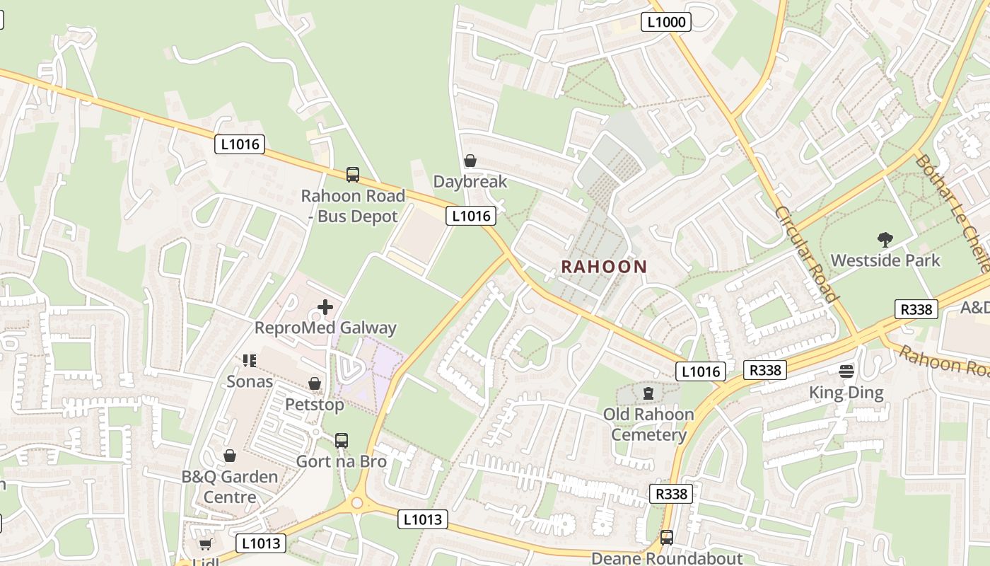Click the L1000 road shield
(666, 22)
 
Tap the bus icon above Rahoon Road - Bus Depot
(352, 174)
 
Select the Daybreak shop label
(470, 182)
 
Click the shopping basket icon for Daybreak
(470, 161)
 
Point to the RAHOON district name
(604, 267)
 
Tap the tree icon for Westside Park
(885, 240)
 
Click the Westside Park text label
(885, 260)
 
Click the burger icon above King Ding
(846, 371)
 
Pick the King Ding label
(846, 393)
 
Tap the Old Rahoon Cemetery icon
(648, 393)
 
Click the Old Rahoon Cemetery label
(648, 424)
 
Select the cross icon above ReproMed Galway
(325, 307)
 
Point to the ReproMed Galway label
(325, 328)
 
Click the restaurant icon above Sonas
(249, 361)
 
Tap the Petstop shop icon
(315, 383)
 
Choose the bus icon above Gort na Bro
(342, 441)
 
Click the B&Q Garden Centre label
(230, 487)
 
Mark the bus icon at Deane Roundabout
(666, 538)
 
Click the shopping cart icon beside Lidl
(205, 544)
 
